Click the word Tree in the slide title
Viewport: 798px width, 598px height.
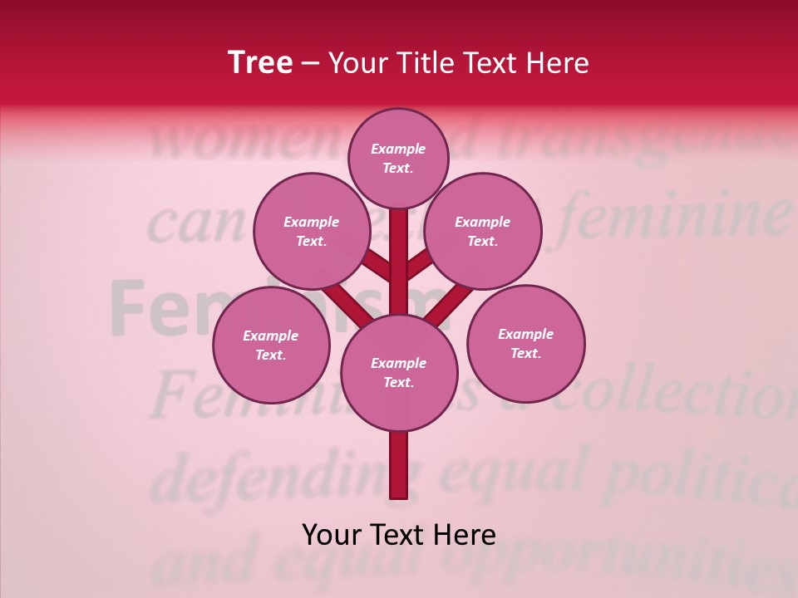coord(260,63)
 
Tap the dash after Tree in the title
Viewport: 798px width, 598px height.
coord(311,64)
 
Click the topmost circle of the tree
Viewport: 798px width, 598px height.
coord(398,158)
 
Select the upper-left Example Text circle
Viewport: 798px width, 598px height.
coord(311,231)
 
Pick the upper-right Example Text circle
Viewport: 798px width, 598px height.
coord(483,231)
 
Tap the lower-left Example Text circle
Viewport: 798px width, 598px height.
coord(271,345)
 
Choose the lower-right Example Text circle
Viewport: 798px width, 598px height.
coord(525,343)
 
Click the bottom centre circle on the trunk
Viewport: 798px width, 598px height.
coord(399,372)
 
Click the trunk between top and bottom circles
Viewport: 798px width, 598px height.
coord(399,266)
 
